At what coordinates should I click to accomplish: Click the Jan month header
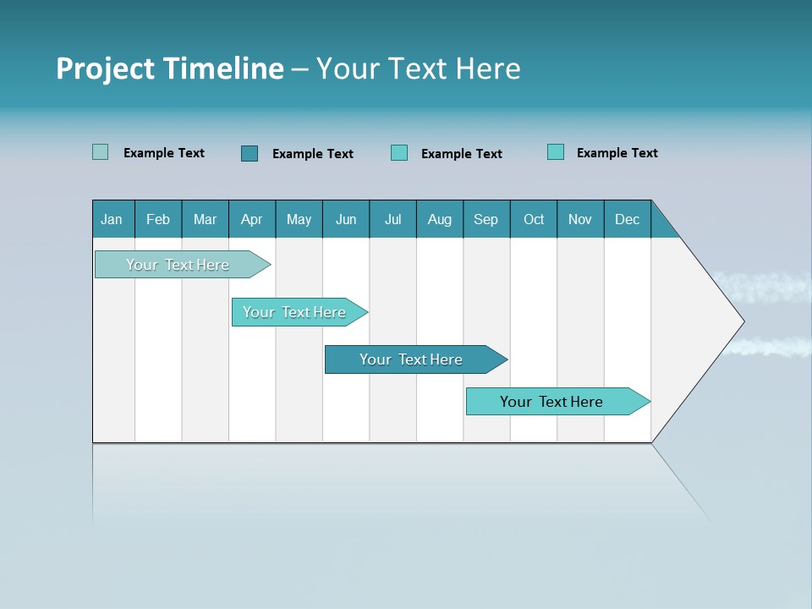click(x=112, y=219)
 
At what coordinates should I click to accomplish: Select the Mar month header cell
click(x=205, y=219)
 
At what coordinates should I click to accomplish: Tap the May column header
click(x=299, y=219)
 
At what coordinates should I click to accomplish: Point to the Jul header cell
click(x=392, y=219)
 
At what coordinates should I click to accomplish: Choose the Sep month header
click(x=486, y=219)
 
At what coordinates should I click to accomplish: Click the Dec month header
click(x=627, y=219)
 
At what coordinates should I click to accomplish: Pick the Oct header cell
click(x=533, y=219)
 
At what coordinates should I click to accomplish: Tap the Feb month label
click(x=158, y=219)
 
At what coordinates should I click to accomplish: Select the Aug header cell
click(x=439, y=219)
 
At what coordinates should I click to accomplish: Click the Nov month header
click(x=579, y=219)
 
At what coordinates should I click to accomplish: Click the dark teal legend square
click(x=250, y=153)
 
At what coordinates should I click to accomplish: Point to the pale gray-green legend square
click(x=101, y=152)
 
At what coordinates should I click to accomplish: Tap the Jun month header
click(x=346, y=219)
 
